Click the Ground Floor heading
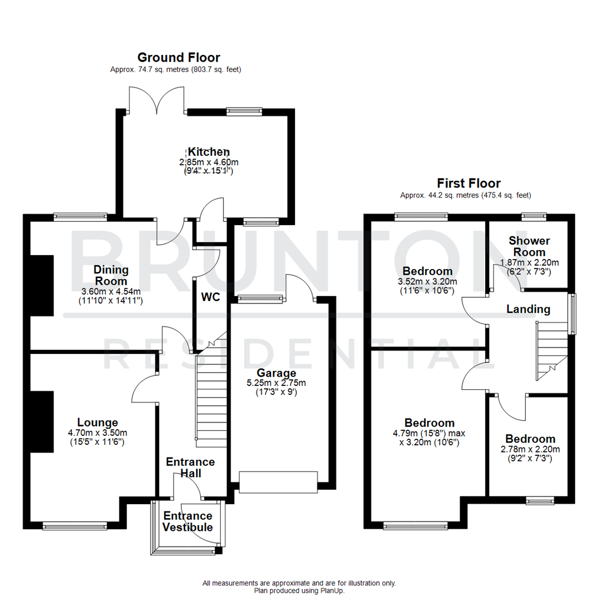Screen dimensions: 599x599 179,57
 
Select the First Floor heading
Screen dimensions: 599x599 469,183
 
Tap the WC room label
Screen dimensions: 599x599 210,297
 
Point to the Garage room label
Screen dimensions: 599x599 276,373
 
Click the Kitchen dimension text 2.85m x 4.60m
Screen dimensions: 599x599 209,162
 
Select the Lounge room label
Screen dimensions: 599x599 97,423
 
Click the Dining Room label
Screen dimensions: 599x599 111,275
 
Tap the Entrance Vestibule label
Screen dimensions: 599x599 188,521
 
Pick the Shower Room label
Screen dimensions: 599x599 529,246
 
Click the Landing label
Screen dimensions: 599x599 528,309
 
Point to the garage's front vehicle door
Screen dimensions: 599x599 278,481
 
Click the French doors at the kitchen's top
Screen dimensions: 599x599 156,101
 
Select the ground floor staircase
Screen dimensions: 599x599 211,388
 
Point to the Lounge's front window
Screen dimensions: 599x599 74,525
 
